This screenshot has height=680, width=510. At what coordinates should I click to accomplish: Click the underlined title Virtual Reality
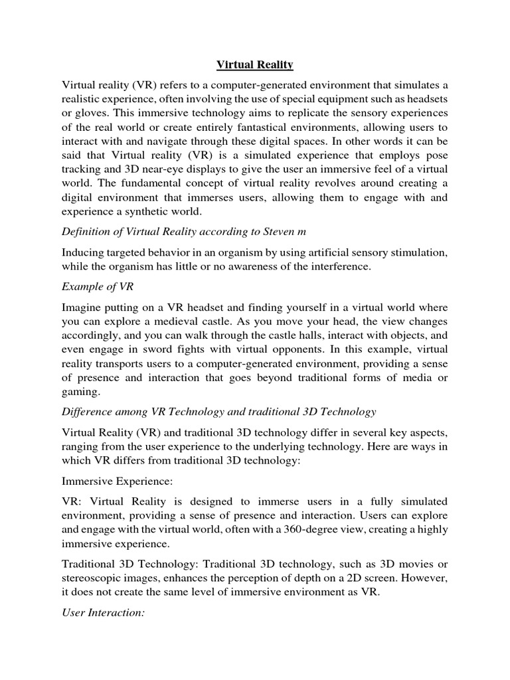tap(255, 65)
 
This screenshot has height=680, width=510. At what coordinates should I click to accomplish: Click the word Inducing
tap(83, 252)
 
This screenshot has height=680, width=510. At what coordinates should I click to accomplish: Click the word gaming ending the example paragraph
tap(80, 392)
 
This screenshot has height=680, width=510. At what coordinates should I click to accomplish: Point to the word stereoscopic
tap(93, 578)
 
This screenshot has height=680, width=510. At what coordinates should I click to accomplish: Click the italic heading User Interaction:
tap(103, 613)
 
